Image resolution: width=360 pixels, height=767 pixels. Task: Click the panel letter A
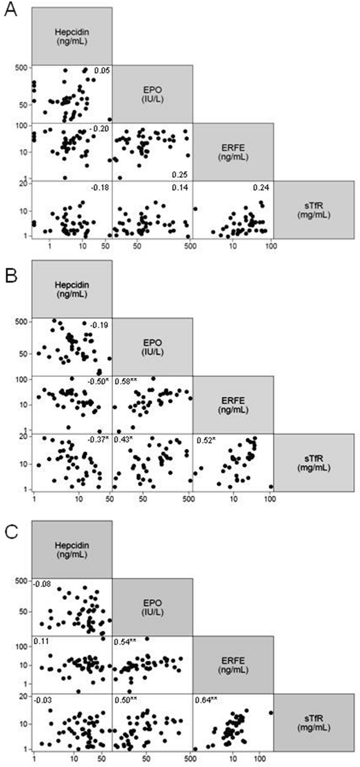point(11,10)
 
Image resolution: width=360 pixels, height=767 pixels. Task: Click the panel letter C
point(12,532)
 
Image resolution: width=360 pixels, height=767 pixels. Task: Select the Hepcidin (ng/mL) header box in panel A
point(72,36)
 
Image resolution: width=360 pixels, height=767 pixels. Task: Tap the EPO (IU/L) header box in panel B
point(153,347)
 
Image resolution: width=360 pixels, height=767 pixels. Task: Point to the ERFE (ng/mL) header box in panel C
point(233,665)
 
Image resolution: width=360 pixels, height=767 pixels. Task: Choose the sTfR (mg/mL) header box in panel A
point(314,210)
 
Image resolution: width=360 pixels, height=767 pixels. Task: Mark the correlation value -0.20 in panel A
point(99,129)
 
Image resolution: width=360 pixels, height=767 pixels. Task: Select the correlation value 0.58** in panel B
point(123,382)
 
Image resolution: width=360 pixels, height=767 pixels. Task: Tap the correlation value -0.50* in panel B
point(98,382)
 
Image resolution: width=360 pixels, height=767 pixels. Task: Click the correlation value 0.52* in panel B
point(206,440)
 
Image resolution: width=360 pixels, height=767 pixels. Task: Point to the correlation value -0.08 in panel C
point(41,583)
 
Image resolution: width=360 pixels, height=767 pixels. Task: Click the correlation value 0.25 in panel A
point(179,174)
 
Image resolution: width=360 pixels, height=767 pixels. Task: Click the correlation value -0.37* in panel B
point(98,440)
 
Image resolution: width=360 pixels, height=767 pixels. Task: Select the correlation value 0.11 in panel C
point(39,641)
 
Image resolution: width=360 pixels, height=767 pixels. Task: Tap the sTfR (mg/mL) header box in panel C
point(314,722)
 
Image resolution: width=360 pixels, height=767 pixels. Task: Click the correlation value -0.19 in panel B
point(99,325)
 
